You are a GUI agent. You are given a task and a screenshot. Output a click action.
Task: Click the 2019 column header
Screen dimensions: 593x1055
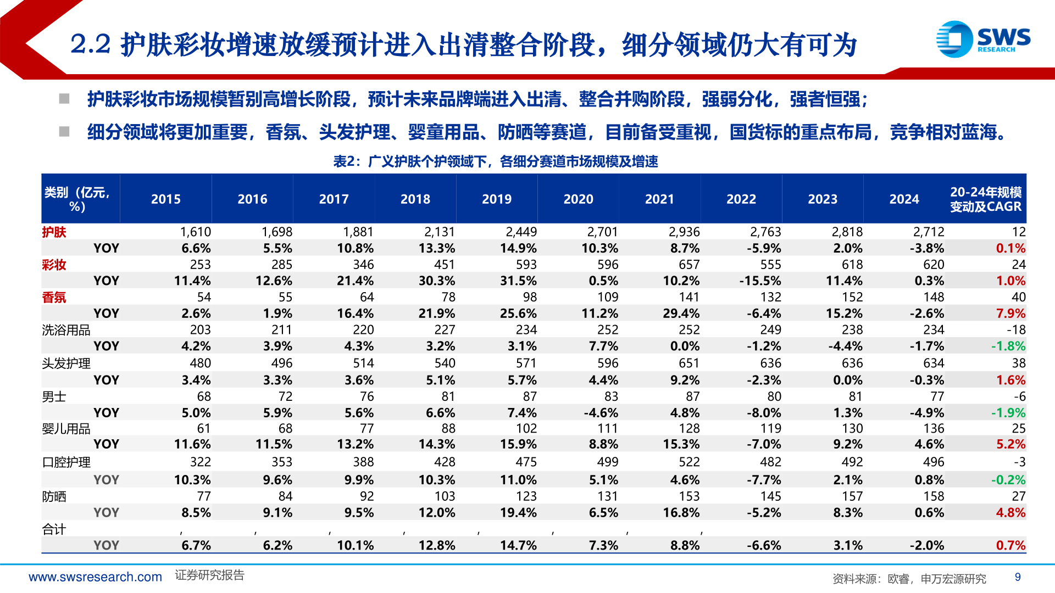pos(496,199)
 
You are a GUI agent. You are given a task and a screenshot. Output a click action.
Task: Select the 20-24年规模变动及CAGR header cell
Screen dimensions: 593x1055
pos(986,199)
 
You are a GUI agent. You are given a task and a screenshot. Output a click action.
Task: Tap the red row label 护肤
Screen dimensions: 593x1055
pos(54,232)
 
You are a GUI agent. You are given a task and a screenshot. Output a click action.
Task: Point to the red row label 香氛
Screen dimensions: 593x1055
pos(54,298)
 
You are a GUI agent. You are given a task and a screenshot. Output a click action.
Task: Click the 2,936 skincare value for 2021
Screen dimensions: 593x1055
pos(684,232)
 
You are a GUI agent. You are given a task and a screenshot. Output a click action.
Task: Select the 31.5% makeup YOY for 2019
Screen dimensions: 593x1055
pos(518,281)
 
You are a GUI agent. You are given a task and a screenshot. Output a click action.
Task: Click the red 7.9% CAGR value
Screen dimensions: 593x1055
pos(1010,314)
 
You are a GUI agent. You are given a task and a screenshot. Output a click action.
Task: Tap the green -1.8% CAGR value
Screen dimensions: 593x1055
pos(1008,346)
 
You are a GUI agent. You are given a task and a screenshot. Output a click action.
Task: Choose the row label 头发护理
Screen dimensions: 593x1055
pos(66,363)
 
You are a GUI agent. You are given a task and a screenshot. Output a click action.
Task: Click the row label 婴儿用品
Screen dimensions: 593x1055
pos(66,429)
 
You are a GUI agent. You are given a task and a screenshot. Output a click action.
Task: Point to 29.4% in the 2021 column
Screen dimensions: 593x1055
pos(681,314)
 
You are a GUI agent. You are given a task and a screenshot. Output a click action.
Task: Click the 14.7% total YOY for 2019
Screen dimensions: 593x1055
pos(518,546)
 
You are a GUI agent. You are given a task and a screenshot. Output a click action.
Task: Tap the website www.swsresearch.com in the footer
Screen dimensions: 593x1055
pos(95,577)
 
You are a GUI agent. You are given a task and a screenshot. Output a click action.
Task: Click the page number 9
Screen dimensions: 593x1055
pos(1018,577)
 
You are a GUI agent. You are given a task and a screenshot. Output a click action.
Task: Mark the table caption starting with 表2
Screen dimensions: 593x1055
pos(496,161)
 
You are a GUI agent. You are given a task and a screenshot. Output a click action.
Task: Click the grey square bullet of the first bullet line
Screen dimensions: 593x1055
pos(64,99)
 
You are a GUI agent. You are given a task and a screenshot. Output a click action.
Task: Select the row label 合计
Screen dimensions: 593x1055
pos(54,529)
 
